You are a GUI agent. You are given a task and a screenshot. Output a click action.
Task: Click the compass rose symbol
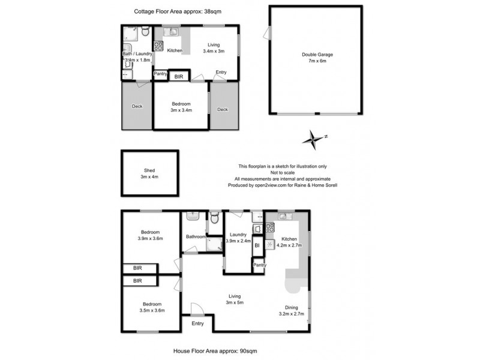pyautogui.click(x=314, y=139)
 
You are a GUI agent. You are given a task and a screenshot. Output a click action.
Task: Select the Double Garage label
pyautogui.click(x=317, y=55)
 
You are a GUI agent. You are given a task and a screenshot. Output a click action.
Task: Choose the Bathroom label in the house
pyautogui.click(x=196, y=236)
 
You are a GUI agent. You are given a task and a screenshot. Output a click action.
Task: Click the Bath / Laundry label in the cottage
pyautogui.click(x=138, y=53)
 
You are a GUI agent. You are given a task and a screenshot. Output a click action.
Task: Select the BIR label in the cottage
pyautogui.click(x=178, y=77)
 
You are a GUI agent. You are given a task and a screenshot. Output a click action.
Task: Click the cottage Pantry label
pyautogui.click(x=160, y=74)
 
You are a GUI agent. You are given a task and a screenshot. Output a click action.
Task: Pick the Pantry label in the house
pyautogui.click(x=259, y=265)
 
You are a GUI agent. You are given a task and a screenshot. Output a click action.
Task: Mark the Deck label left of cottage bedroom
pyautogui.click(x=137, y=107)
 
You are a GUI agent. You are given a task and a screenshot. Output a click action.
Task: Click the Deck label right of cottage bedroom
pyautogui.click(x=223, y=109)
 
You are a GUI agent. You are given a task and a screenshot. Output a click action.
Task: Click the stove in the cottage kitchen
pyautogui.click(x=158, y=45)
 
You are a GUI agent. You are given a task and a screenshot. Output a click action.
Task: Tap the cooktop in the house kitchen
pyautogui.click(x=270, y=227)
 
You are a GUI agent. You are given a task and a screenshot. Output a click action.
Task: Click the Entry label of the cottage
pyautogui.click(x=221, y=73)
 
